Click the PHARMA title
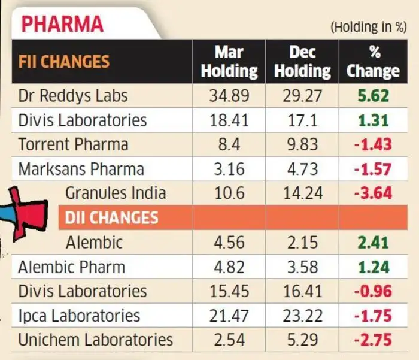[x=62, y=24]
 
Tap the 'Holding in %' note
[x=369, y=27]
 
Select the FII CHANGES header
[x=64, y=62]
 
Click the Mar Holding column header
[x=229, y=62]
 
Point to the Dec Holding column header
[x=302, y=62]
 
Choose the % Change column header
[x=374, y=62]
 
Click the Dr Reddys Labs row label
[x=73, y=96]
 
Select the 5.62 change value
[x=374, y=96]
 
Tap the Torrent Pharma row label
[x=73, y=144]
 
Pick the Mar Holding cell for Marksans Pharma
[x=229, y=169]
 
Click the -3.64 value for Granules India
[x=373, y=193]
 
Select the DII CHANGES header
[x=112, y=217]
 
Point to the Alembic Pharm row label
[x=72, y=267]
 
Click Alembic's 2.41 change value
[x=374, y=243]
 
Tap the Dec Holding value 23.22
[x=302, y=316]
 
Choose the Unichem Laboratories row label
[x=96, y=340]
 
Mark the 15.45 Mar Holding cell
[x=229, y=291]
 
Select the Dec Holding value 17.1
[x=302, y=120]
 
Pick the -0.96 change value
[x=373, y=291]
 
